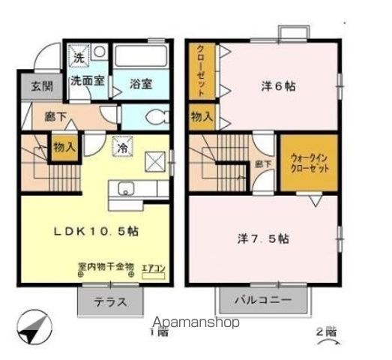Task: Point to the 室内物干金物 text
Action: click(105, 266)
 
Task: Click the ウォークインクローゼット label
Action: click(308, 163)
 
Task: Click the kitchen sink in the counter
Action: click(124, 187)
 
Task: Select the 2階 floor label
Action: click(325, 332)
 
